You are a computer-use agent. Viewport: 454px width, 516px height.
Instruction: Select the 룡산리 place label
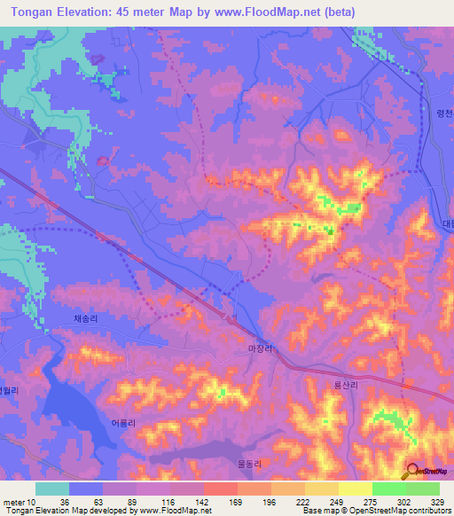(x=346, y=385)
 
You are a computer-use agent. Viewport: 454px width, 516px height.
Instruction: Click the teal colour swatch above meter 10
(x=52, y=489)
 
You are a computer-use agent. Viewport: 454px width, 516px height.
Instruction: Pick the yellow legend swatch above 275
(x=355, y=489)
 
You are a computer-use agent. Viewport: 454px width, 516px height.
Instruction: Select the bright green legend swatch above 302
(x=388, y=489)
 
